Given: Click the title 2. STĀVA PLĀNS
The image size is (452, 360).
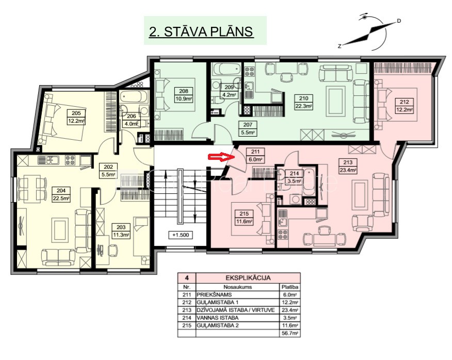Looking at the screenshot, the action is [201, 31].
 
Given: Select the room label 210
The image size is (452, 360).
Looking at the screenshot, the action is [303, 99].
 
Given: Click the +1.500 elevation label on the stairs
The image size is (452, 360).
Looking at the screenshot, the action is [181, 235].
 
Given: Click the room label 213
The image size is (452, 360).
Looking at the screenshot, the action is [348, 162].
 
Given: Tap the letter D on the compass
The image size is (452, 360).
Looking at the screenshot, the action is [399, 21].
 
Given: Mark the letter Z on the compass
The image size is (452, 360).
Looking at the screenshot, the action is [340, 46].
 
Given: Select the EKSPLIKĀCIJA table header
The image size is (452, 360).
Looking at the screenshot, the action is [248, 278].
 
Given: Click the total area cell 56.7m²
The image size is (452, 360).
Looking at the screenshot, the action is [289, 334].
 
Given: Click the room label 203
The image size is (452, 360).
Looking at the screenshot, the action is [121, 227].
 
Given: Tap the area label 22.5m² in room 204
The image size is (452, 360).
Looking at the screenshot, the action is [61, 198].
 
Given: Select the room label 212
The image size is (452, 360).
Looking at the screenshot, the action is [404, 102].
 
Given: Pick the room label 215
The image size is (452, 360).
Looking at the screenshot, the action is [244, 214].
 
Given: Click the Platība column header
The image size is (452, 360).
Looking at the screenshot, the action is [289, 287].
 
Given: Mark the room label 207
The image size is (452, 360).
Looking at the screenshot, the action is [248, 124].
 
